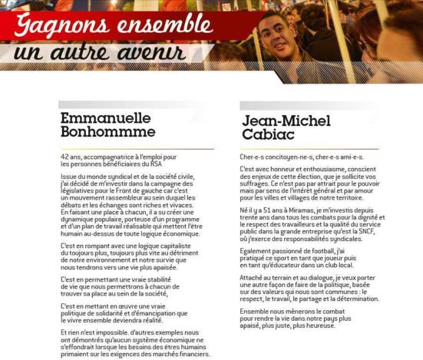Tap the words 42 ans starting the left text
[x=70, y=157]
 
